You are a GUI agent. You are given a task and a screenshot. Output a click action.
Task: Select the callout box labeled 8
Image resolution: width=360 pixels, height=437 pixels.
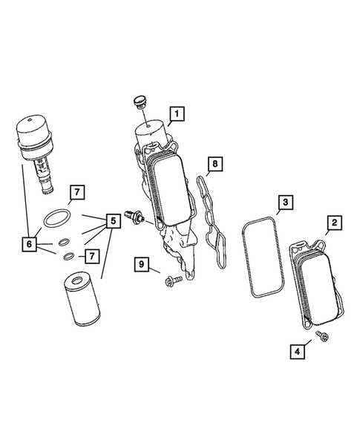215,163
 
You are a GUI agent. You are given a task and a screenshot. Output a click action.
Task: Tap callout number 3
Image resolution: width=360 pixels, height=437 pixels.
285,202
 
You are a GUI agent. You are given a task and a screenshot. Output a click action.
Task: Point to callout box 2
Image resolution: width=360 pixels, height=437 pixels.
335,223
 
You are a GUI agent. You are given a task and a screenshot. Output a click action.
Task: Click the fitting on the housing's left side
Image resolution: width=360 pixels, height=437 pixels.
135,217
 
